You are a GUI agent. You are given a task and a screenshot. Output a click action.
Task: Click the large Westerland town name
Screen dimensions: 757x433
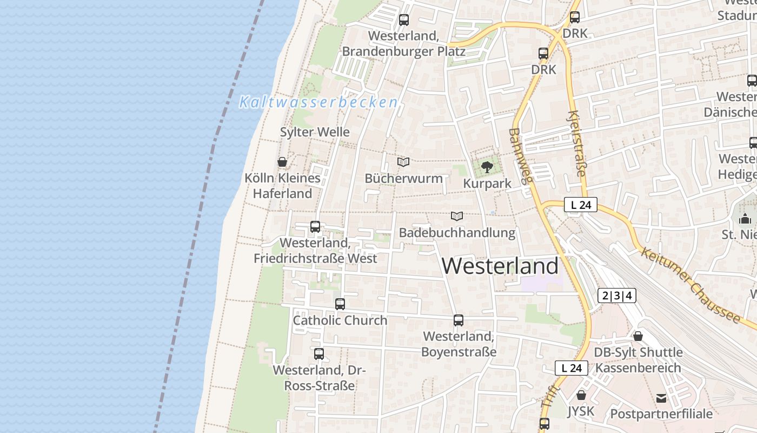click(x=500, y=266)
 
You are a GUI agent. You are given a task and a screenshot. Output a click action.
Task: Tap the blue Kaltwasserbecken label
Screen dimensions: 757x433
click(x=318, y=102)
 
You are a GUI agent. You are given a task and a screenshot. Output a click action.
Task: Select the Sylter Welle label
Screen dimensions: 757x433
click(x=315, y=132)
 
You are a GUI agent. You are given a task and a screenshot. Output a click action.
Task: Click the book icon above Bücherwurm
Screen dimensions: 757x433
click(x=403, y=162)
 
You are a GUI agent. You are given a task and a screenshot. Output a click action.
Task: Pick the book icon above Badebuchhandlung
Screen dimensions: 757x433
click(x=457, y=216)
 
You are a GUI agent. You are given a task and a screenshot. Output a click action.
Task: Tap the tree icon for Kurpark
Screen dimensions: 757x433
click(x=487, y=167)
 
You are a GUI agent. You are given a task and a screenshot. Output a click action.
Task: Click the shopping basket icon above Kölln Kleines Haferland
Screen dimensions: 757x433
click(x=282, y=162)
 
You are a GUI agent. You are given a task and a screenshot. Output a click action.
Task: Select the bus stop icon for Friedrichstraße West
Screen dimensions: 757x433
click(x=315, y=227)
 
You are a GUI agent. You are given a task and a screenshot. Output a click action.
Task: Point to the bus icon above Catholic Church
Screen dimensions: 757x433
click(x=340, y=304)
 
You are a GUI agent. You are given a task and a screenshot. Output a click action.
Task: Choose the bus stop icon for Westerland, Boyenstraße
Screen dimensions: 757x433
click(x=459, y=320)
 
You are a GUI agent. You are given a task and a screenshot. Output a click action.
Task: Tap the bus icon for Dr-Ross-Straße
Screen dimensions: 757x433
click(x=319, y=354)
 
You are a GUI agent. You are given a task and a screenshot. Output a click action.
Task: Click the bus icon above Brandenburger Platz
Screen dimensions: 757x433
click(x=403, y=20)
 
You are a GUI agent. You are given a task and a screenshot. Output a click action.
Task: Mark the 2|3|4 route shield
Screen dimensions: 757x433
click(x=617, y=296)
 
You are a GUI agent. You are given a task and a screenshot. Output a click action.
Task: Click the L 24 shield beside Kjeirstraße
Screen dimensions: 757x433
click(x=581, y=205)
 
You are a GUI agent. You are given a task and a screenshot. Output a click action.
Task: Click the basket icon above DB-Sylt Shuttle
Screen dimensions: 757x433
click(x=638, y=336)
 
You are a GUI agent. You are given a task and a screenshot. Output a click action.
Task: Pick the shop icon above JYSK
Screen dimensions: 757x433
click(x=581, y=395)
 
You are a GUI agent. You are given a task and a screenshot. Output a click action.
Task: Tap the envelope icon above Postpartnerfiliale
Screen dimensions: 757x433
click(x=661, y=398)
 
